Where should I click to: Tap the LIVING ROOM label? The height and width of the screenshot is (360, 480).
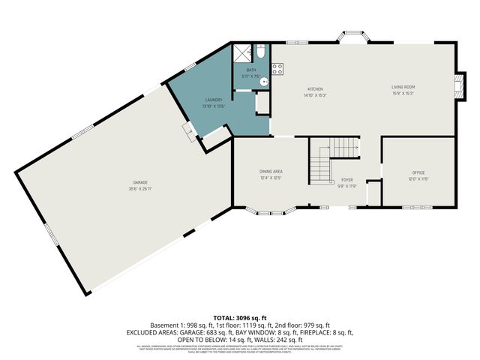(403, 87)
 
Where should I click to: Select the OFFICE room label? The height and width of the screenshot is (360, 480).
(418, 172)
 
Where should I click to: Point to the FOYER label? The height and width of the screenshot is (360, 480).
(347, 179)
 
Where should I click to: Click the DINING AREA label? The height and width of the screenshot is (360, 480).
(271, 172)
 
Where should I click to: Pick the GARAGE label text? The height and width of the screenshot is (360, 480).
(139, 183)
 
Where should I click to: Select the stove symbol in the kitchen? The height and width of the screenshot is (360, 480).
(277, 70)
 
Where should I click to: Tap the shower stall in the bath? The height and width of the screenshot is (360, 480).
(242, 52)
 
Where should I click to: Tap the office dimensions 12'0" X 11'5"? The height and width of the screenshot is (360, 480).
(418, 179)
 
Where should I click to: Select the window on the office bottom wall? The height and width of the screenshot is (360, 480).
(417, 206)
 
